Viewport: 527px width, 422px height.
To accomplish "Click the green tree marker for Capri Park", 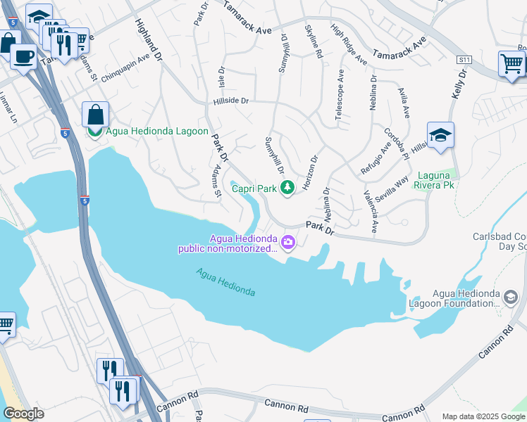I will [287, 187].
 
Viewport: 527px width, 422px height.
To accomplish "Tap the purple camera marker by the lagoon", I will [287, 243].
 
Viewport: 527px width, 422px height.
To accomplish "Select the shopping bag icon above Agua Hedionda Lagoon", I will [95, 114].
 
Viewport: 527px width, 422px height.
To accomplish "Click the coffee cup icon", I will [24, 56].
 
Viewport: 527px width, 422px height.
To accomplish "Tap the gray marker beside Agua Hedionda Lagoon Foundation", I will [509, 298].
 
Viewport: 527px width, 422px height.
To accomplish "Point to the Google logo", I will [23, 414].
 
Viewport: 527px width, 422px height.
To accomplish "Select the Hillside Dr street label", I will [231, 101].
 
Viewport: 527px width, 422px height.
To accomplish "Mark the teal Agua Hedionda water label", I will [225, 282].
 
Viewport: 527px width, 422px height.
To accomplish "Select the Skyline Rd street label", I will [314, 41].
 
